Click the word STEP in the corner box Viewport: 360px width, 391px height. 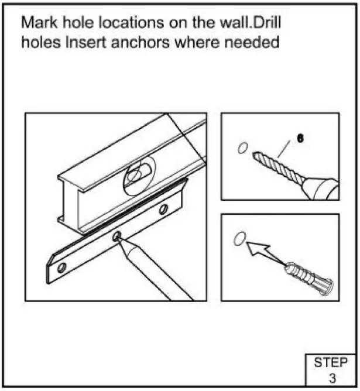pyautogui.click(x=330, y=362)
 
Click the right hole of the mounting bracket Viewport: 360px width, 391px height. pyautogui.click(x=163, y=208)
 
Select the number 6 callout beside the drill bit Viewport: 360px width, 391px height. pyautogui.click(x=300, y=139)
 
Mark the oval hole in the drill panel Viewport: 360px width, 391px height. pyautogui.click(x=243, y=148)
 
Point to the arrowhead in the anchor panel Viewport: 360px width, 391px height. pyautogui.click(x=252, y=249)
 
